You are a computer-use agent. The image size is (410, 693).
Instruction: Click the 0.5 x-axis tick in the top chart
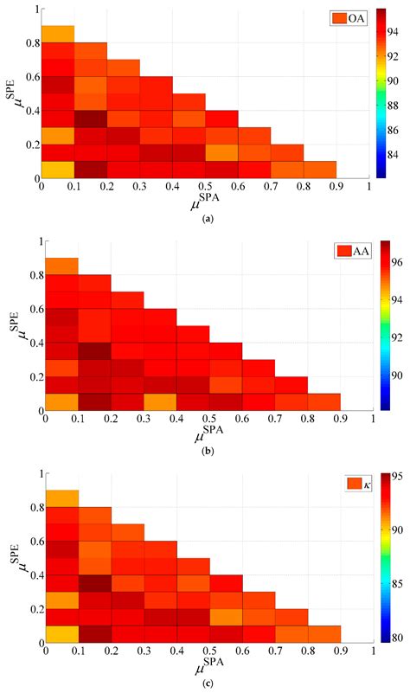pos(206,186)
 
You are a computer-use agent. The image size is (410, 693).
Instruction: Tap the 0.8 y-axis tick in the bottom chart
pos(34,510)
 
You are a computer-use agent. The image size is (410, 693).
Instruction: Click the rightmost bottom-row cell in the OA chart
pos(319,170)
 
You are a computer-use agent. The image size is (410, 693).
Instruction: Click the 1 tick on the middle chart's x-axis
pos(372,418)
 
